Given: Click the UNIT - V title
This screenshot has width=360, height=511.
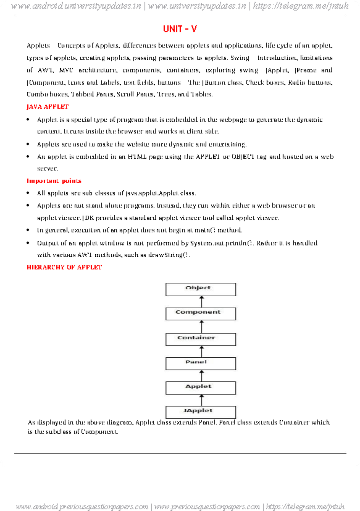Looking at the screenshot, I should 180,29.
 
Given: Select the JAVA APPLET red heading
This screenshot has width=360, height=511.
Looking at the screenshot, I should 47,107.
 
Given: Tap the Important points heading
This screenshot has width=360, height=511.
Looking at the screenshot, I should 54,181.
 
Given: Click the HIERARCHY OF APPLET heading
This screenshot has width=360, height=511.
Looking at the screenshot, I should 64,267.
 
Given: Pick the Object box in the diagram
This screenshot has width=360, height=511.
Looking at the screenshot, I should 200,289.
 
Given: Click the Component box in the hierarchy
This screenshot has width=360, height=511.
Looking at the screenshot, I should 200,313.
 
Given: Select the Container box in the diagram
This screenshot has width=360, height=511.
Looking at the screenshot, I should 200,339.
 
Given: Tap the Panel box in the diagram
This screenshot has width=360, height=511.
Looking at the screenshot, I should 200,363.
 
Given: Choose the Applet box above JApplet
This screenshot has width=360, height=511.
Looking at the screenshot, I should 200,388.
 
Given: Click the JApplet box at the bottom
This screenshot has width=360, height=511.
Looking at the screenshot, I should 200,412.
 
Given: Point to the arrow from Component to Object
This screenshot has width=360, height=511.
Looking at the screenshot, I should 202,301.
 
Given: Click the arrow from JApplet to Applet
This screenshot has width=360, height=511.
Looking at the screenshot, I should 202,400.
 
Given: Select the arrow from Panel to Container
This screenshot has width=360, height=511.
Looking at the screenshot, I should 202,351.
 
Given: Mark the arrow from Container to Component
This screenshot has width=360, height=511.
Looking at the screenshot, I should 202,326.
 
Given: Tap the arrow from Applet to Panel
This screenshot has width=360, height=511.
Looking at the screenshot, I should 202,376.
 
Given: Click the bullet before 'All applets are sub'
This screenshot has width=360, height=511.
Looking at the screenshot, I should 28,193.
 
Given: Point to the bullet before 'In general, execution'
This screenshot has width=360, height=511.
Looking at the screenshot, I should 28,230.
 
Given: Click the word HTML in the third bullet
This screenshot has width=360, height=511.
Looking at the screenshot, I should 137,157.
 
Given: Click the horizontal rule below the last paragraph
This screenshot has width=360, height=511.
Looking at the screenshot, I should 180,453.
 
